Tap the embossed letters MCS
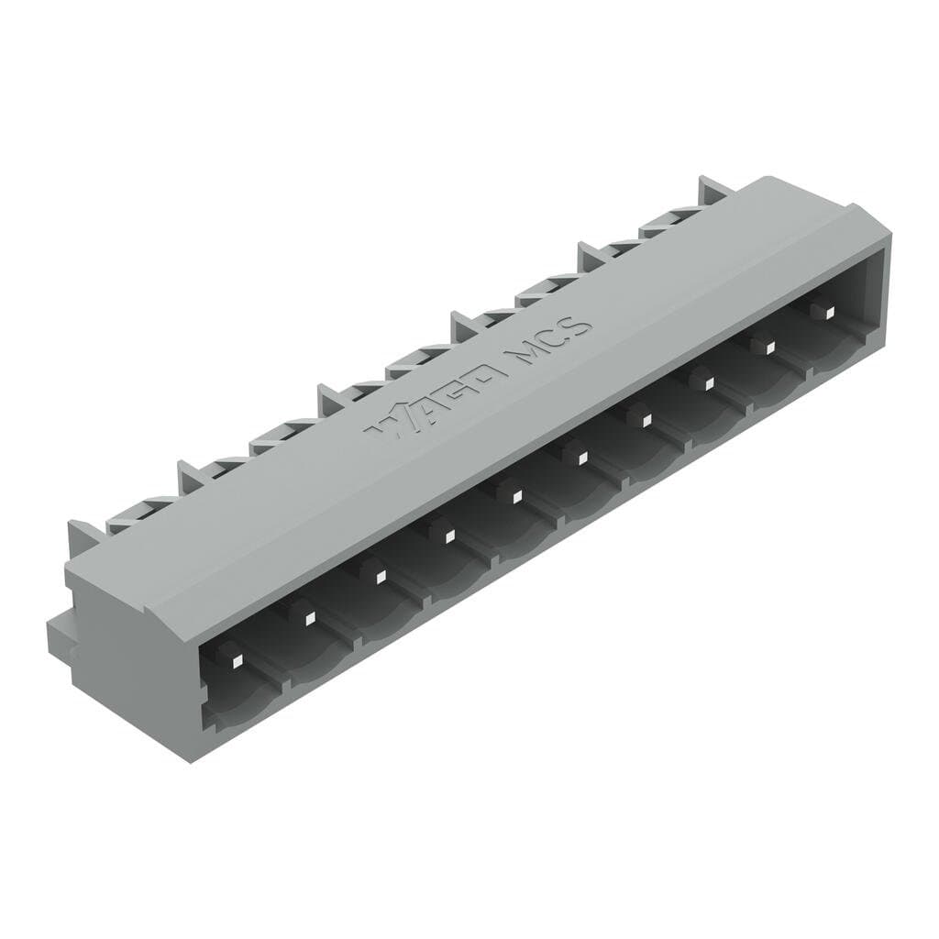pyautogui.click(x=548, y=341)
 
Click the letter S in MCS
pyautogui.click(x=575, y=326)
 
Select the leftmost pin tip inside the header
pyautogui.click(x=236, y=660)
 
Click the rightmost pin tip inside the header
pyautogui.click(x=828, y=313)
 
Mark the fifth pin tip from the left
pyautogui.click(x=516, y=496)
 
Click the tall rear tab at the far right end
pyautogui.click(x=713, y=190)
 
